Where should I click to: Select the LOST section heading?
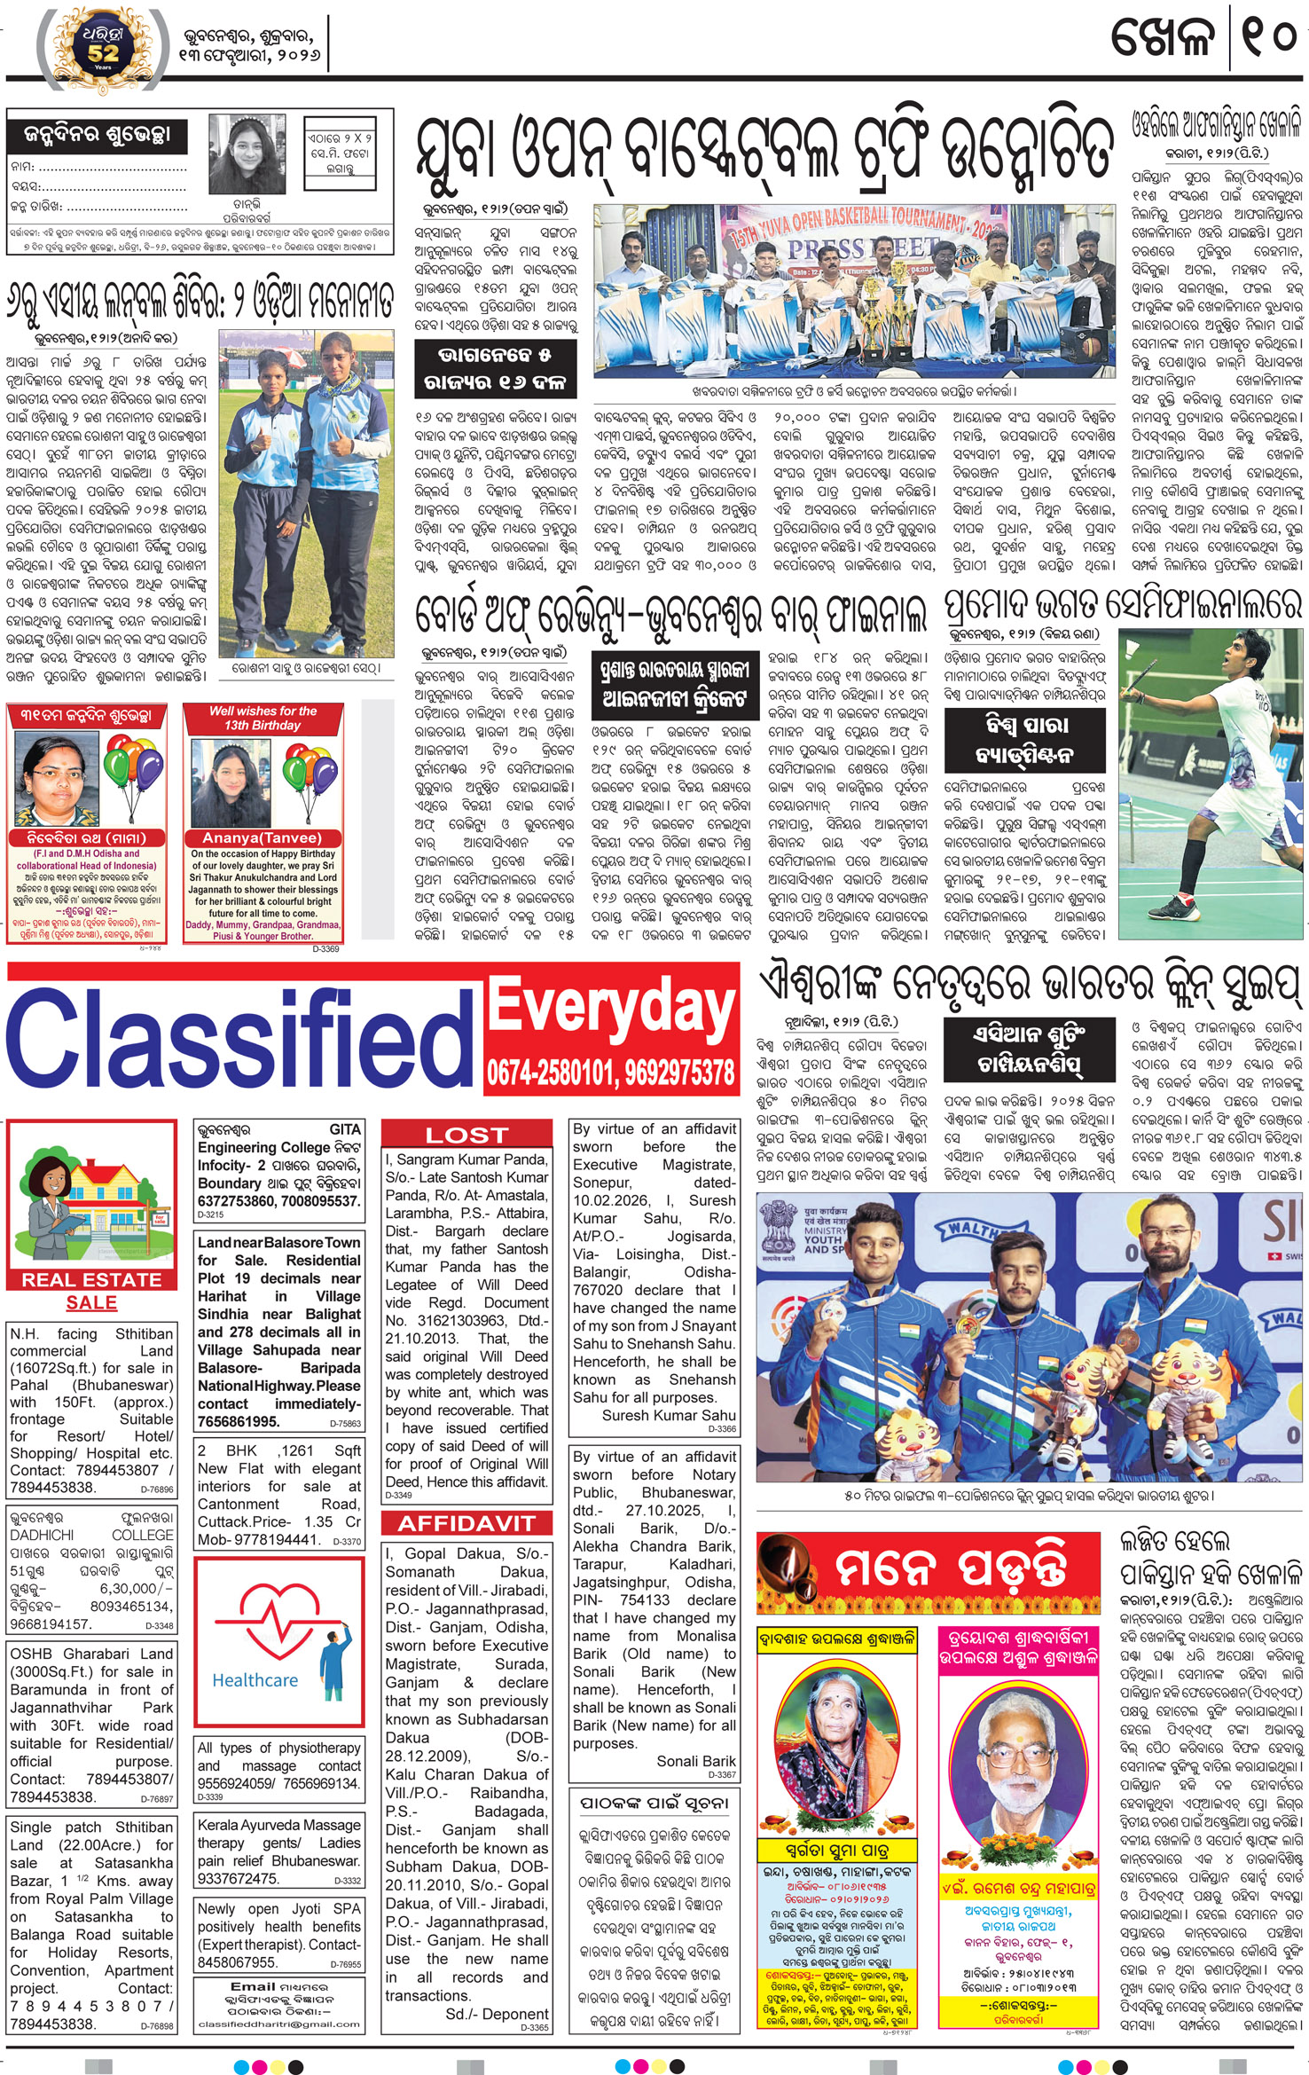466,1135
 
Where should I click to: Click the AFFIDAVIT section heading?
466,1523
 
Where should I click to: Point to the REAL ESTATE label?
91,1279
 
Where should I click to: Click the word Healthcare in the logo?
255,1679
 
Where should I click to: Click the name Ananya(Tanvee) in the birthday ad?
262,837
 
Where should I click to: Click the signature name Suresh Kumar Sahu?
669,1415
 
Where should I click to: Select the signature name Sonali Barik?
696,1761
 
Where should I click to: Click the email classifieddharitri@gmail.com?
280,2024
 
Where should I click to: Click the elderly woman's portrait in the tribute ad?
825,1743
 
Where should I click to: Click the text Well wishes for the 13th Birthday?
263,718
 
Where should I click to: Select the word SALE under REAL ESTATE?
91,1302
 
